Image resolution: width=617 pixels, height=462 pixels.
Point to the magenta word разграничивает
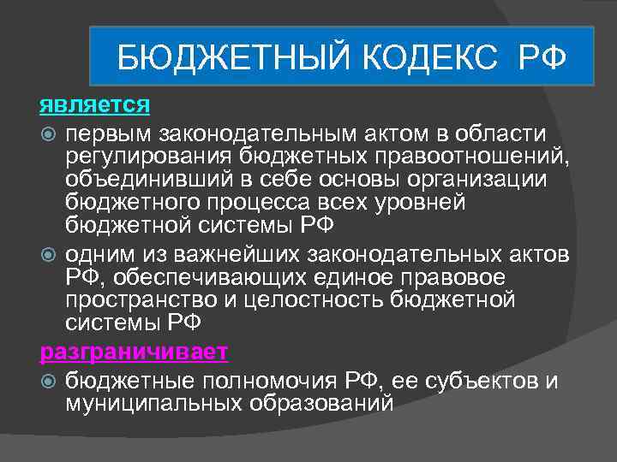point(134,352)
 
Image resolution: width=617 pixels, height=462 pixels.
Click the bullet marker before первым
point(49,134)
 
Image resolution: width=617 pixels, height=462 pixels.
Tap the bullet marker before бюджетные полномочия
point(49,380)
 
